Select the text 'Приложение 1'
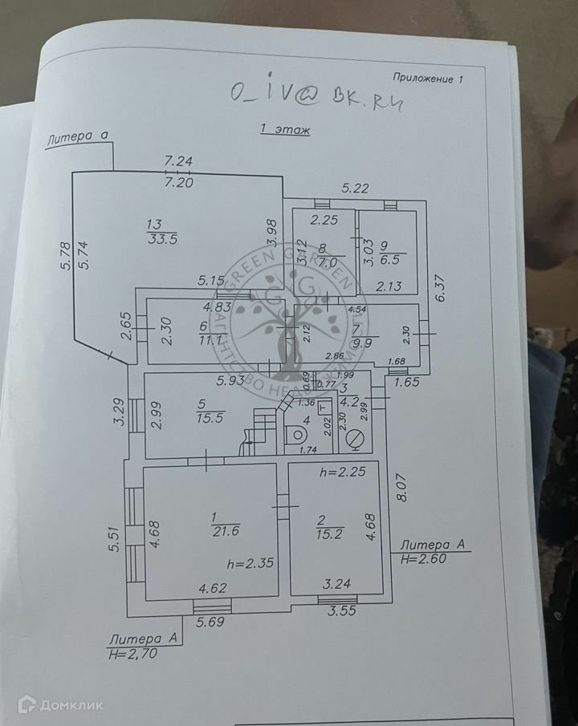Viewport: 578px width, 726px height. [429, 78]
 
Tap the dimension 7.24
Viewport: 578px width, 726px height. [178, 160]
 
